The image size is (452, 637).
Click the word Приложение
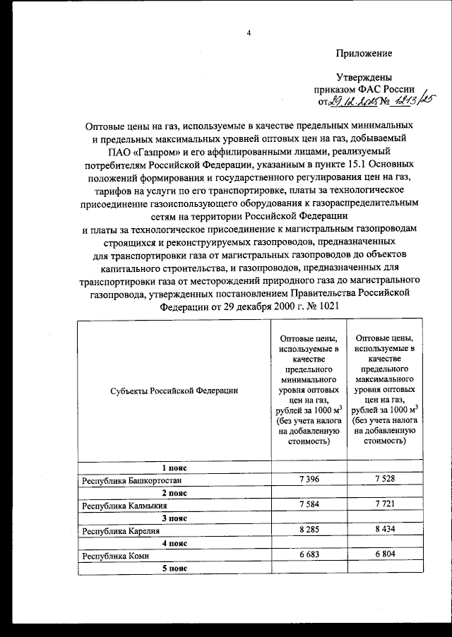tap(364, 54)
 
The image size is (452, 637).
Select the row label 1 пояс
tap(174, 468)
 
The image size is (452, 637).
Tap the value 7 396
tap(311, 480)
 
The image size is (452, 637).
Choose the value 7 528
tap(386, 480)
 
